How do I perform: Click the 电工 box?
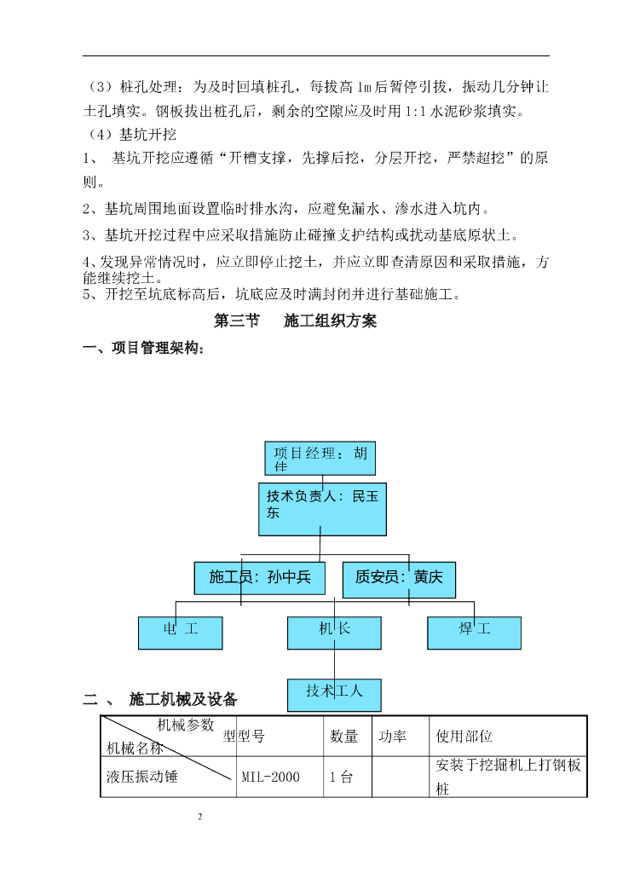click(x=181, y=633)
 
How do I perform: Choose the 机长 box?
click(x=334, y=633)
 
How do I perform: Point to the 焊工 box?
click(x=474, y=633)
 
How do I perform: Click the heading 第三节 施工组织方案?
click(x=295, y=322)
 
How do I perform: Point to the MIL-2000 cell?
click(x=270, y=778)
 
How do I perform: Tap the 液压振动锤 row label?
click(x=142, y=778)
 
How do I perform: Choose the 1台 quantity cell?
click(x=341, y=778)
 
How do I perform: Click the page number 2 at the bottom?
click(x=200, y=818)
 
